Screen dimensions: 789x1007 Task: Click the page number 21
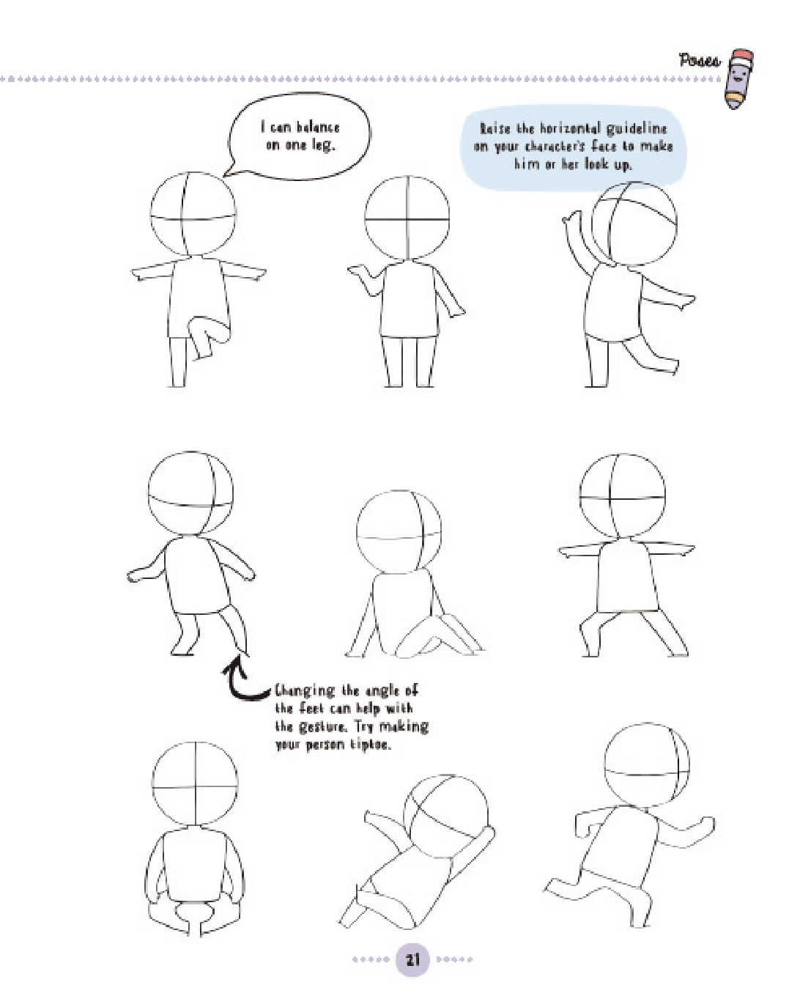click(x=412, y=959)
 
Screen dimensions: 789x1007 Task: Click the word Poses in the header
click(x=700, y=61)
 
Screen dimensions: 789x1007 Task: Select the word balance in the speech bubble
click(x=318, y=128)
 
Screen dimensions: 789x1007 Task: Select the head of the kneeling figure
click(x=399, y=532)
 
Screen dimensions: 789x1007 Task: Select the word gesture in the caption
click(x=321, y=728)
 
